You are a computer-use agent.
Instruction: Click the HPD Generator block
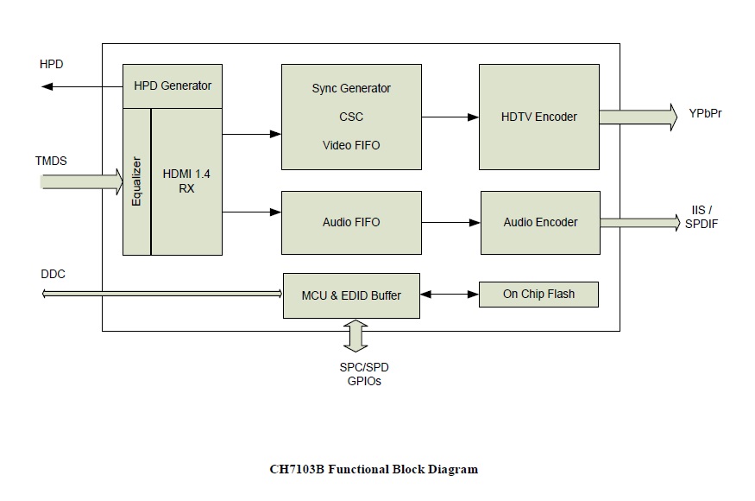click(173, 86)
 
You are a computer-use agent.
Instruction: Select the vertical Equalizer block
click(136, 181)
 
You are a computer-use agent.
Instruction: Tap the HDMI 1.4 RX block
click(187, 181)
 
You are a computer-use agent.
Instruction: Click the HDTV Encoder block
click(539, 117)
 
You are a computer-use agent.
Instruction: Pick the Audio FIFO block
click(351, 222)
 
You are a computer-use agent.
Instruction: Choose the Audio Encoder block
click(540, 222)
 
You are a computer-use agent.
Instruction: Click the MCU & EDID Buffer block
click(351, 295)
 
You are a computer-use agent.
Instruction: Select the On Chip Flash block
click(538, 295)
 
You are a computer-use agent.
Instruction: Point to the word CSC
click(351, 117)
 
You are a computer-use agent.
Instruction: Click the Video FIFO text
click(351, 145)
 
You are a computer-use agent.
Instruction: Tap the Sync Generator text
click(351, 88)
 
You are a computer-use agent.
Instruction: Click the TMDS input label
click(51, 161)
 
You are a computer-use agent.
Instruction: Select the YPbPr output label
click(706, 113)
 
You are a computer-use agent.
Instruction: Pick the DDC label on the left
click(53, 274)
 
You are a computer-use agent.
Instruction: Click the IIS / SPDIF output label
click(702, 217)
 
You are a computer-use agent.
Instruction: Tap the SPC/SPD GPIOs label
click(364, 374)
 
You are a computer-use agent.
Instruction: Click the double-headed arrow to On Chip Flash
click(450, 295)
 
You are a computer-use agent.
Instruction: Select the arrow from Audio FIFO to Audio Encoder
click(451, 222)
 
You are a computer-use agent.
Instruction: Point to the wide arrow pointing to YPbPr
click(639, 117)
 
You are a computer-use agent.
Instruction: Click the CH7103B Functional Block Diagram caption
click(374, 469)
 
